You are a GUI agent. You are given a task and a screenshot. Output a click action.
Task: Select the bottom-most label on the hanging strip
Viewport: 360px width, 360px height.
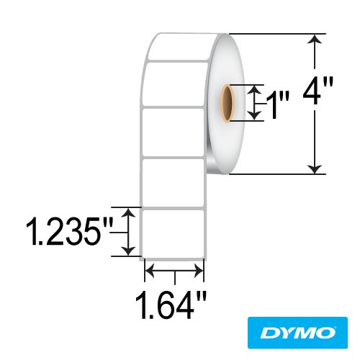[175, 232]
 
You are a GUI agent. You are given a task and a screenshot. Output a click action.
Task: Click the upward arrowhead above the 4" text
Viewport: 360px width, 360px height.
[314, 40]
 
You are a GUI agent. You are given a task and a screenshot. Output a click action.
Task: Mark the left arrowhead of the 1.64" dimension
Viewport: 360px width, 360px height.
[150, 272]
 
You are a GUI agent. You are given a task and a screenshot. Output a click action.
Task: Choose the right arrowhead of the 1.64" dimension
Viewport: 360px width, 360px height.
[201, 272]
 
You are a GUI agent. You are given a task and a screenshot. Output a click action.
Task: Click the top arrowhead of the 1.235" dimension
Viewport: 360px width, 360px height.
[129, 212]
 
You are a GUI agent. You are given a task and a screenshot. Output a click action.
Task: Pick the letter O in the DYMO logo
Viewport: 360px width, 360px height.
[325, 333]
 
